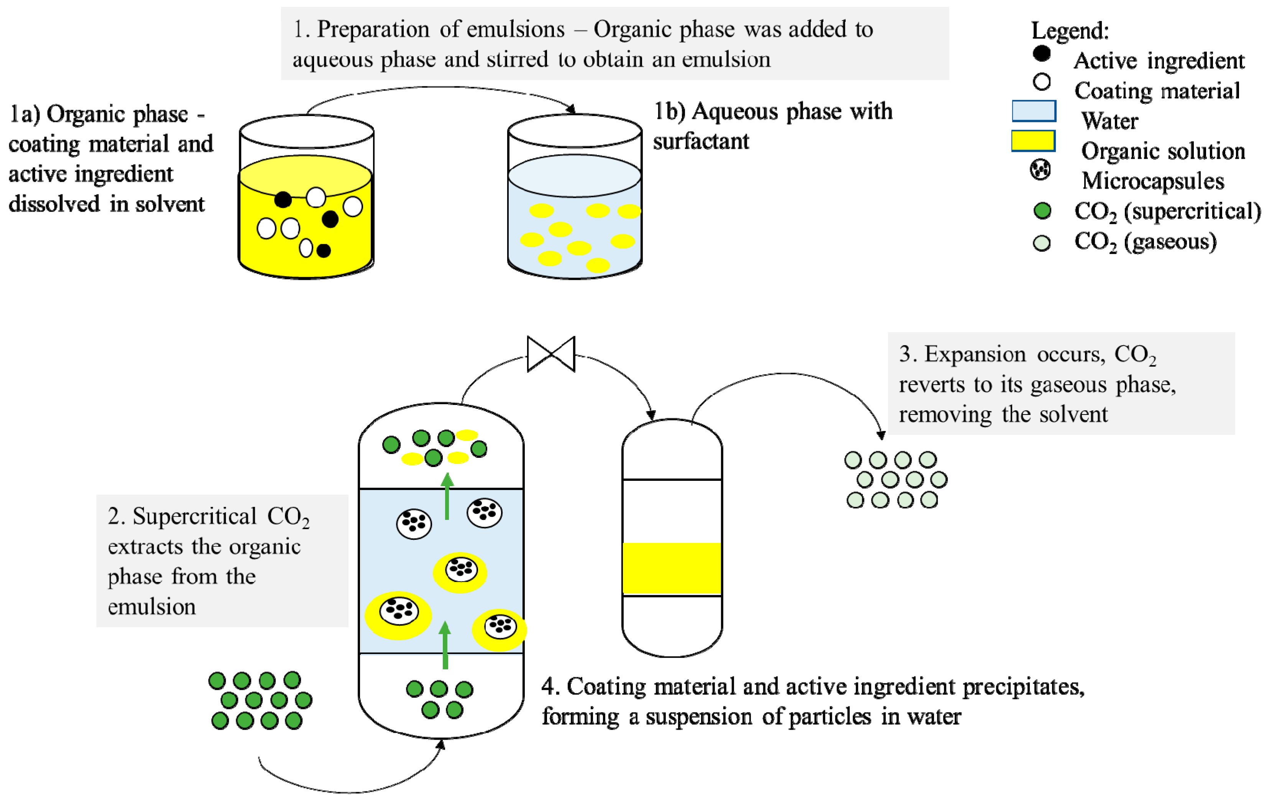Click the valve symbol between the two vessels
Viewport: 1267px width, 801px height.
coord(551,354)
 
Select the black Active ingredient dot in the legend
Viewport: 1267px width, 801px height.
coord(1041,54)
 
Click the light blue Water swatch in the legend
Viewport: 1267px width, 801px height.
coord(1034,111)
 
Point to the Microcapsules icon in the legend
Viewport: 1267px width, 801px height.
coord(1040,170)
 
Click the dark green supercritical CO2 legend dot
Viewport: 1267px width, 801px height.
coord(1042,211)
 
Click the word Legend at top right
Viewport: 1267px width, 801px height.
coord(1069,31)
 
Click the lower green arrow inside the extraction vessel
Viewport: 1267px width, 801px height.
coord(445,645)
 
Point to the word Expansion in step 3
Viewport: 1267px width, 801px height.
coord(975,354)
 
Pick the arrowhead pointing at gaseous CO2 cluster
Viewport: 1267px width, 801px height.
coord(881,435)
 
